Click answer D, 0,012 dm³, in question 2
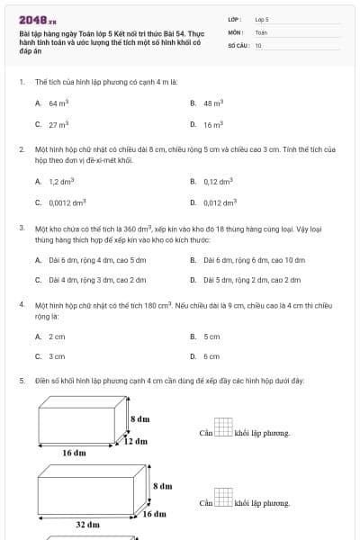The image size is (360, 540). point(215,202)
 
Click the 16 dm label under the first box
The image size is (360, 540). point(74,454)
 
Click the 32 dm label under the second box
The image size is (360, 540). point(86,524)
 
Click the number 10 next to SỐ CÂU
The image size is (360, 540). point(259,45)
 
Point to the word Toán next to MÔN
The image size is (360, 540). point(261,31)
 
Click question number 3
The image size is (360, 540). point(22,228)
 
